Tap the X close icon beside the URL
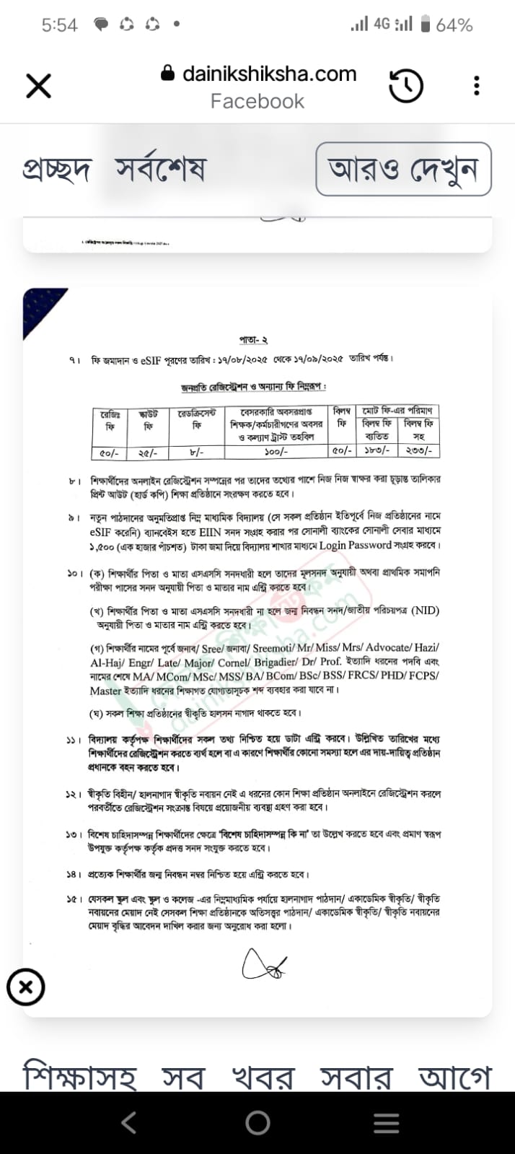click(38, 86)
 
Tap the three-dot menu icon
click(476, 86)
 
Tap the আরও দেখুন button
click(403, 169)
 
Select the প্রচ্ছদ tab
click(56, 170)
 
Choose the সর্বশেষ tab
click(160, 170)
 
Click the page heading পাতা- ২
click(253, 339)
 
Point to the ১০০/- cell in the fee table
click(276, 452)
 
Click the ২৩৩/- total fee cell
click(418, 452)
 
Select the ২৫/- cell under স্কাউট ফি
click(148, 453)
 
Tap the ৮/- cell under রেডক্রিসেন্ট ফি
click(195, 453)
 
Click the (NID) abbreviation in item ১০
click(425, 611)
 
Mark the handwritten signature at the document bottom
click(264, 964)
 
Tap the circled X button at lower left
click(26, 987)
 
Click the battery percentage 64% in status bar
click(454, 25)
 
